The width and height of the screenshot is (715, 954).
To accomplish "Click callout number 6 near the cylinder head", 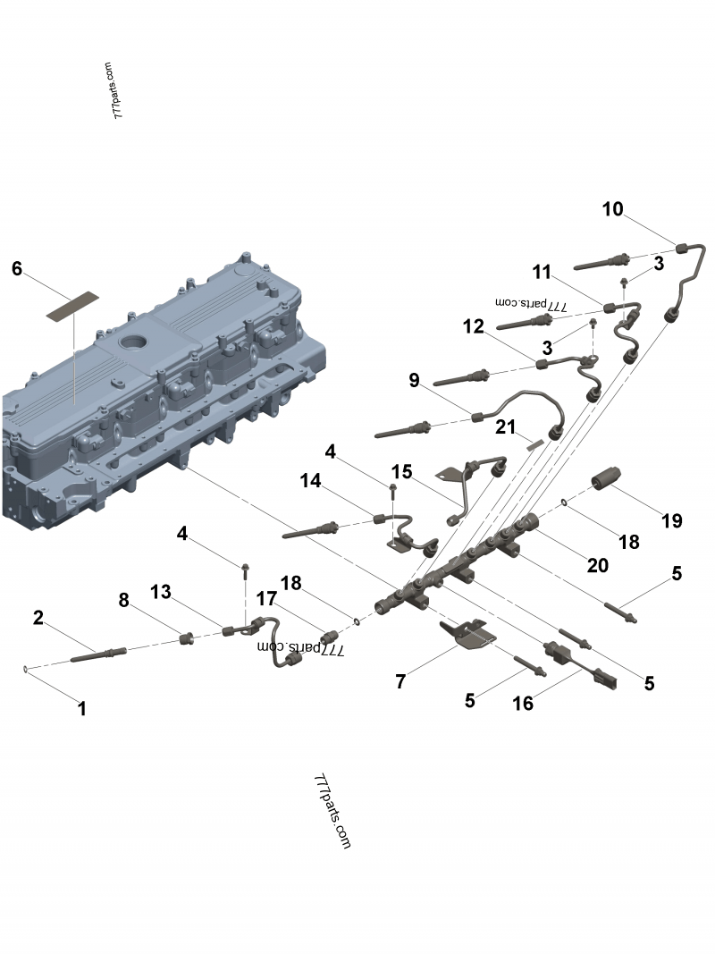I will [17, 268].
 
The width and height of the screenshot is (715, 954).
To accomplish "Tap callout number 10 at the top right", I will [612, 210].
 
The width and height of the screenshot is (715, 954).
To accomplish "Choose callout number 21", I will [507, 427].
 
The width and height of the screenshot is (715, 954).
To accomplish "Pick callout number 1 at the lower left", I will [82, 709].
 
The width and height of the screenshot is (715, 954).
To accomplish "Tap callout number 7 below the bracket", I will [401, 682].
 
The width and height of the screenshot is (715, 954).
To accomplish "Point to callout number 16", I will [523, 703].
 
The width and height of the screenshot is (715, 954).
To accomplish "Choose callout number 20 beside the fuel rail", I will [597, 565].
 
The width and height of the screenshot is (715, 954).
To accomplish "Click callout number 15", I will [401, 471].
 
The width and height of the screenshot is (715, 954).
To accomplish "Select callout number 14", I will [310, 480].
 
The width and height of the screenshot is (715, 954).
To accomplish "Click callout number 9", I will [414, 381].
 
